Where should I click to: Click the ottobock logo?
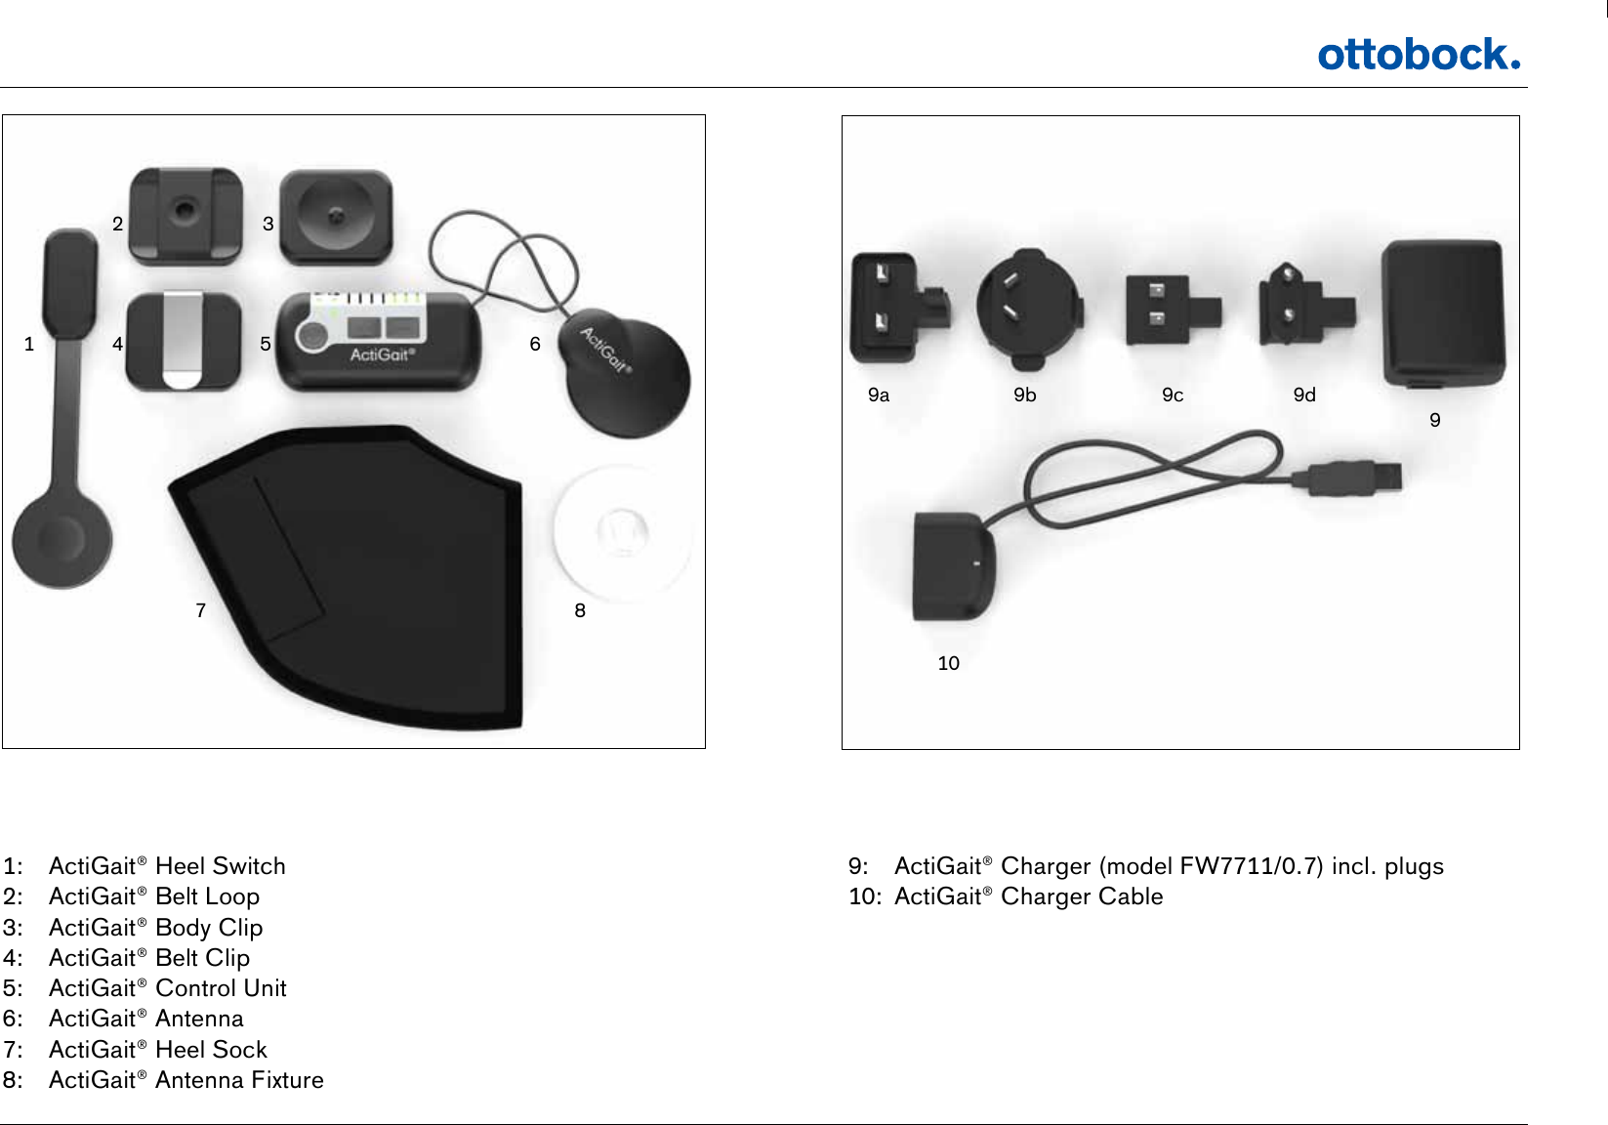click(x=1418, y=55)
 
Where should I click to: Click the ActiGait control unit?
click(x=380, y=342)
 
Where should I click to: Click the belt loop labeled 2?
click(x=185, y=217)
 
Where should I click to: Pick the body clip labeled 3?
click(x=336, y=217)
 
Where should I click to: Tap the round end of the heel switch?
click(x=62, y=539)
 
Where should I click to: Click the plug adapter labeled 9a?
click(x=893, y=308)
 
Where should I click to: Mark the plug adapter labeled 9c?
click(x=1167, y=311)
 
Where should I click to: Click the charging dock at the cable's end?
click(x=952, y=568)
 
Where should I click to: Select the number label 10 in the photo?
click(x=948, y=663)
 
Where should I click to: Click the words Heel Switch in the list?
click(x=221, y=866)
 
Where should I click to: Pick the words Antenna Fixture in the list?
click(x=239, y=1080)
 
